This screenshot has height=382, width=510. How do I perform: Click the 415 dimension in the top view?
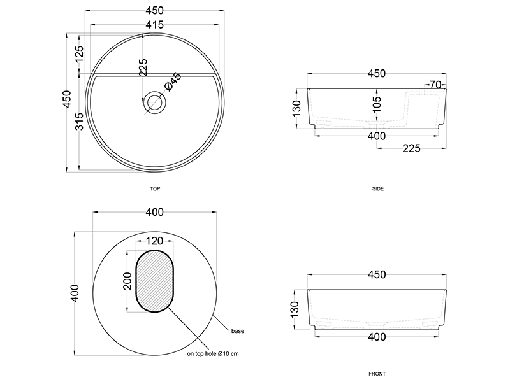point(155,25)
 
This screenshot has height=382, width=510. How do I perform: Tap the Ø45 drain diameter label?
point(173,81)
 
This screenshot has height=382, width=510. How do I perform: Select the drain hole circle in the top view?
point(154,103)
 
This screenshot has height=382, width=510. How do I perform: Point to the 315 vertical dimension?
point(79,121)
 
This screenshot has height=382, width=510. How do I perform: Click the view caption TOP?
point(155,188)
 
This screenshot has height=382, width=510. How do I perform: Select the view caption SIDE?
point(378,188)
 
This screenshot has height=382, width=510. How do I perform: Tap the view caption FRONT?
point(377,374)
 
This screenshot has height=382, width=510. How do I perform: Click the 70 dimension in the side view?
point(435,85)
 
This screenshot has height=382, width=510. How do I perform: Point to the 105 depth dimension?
point(377,104)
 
